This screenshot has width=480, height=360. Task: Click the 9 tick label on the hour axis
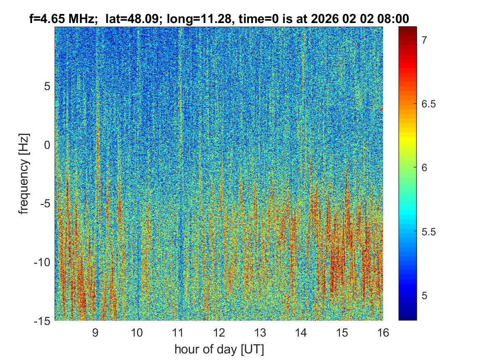click(95, 332)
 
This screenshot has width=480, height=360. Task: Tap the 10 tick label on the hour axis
click(137, 332)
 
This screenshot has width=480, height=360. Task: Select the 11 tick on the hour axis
click(177, 332)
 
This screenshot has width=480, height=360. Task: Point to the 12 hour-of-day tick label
click(219, 332)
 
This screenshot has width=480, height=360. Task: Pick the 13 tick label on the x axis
click(260, 332)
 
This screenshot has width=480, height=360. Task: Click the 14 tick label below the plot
click(301, 332)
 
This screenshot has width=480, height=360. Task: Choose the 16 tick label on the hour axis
click(383, 332)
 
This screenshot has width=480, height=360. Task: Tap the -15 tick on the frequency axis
click(42, 321)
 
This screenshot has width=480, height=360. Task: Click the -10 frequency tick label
click(42, 262)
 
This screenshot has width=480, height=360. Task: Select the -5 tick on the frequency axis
click(44, 204)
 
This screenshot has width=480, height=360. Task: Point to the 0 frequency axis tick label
click(46, 145)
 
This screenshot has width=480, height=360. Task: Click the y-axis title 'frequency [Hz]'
click(25, 174)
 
